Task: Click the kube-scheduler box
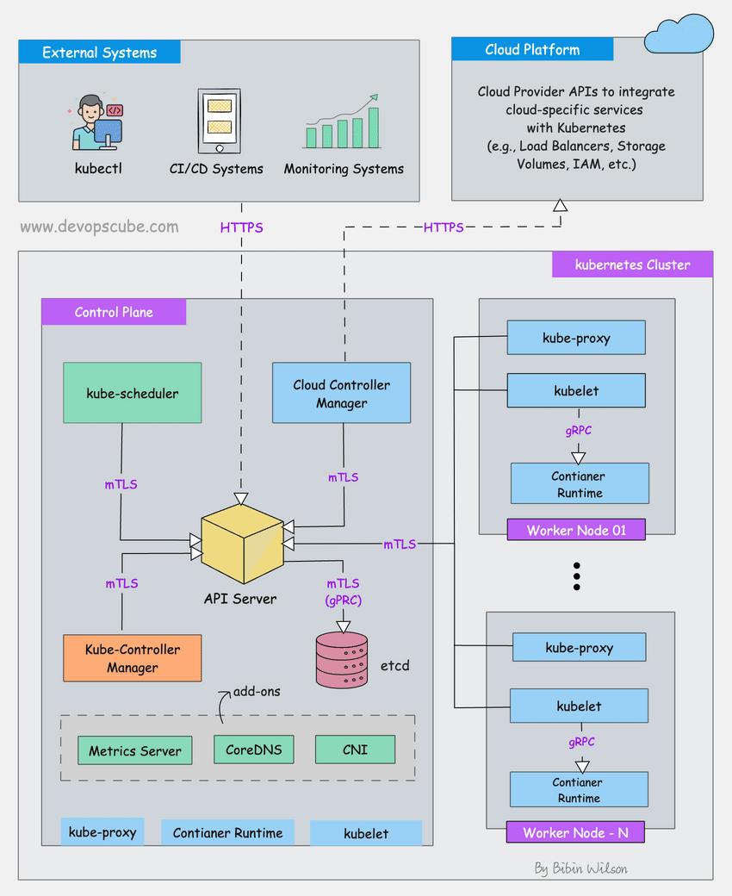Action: click(x=132, y=393)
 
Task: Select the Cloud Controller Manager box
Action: click(x=341, y=393)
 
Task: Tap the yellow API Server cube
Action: click(x=242, y=542)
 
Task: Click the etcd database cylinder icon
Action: click(x=341, y=660)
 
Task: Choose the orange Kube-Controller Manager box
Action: click(x=132, y=658)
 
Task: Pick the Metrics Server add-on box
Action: click(x=135, y=750)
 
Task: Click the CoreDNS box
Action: click(x=253, y=749)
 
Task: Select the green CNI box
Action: click(x=355, y=749)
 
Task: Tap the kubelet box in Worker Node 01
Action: click(x=576, y=390)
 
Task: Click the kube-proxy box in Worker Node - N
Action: click(x=579, y=647)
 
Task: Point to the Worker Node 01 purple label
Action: click(x=576, y=530)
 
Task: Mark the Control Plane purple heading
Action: click(x=114, y=312)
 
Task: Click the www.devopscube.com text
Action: click(x=99, y=227)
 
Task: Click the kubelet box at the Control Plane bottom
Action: click(x=366, y=833)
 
